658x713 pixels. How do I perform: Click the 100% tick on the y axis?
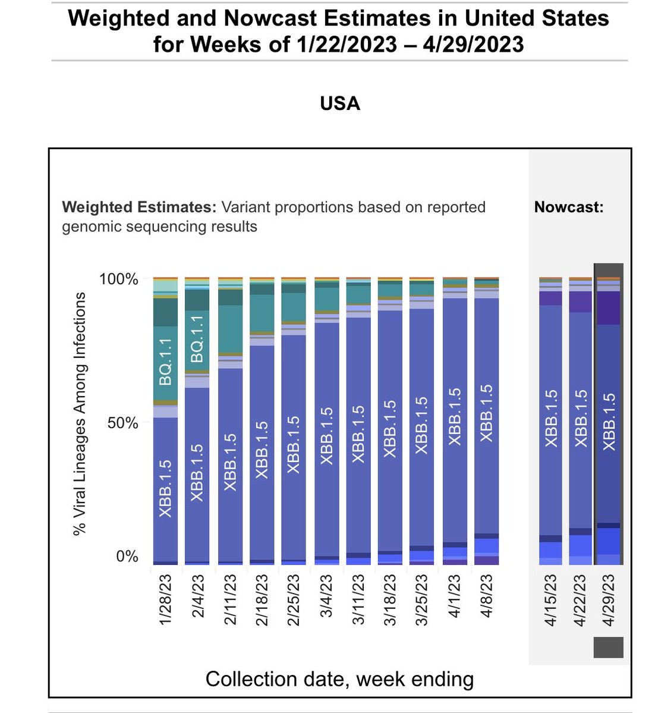tap(118, 279)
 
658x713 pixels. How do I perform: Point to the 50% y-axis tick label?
tap(122, 423)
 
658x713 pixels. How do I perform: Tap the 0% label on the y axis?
tap(127, 557)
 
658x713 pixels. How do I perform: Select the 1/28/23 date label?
tap(165, 598)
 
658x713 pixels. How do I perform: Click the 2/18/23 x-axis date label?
tap(262, 598)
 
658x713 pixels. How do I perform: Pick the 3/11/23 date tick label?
tap(358, 598)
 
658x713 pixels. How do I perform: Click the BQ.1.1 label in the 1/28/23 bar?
tap(166, 362)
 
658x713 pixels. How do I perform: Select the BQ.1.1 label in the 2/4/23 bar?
tap(197, 339)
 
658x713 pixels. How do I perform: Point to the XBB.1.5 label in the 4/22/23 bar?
tap(581, 418)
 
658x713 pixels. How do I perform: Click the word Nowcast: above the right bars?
tap(568, 207)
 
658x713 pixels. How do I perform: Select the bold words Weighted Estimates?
tap(139, 207)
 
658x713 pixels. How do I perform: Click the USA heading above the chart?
tap(340, 103)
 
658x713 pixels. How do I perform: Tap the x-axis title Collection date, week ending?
tap(339, 679)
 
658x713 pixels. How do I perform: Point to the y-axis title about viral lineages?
tap(79, 413)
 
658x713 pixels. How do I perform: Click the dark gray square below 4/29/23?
tap(608, 647)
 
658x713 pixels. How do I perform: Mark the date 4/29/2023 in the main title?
tap(473, 45)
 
